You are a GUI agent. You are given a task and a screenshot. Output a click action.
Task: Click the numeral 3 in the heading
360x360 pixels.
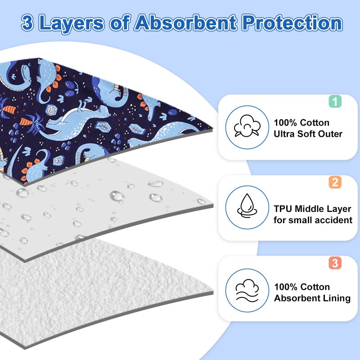[27, 23]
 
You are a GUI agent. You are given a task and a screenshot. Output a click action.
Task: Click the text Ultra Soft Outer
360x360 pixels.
[308, 134]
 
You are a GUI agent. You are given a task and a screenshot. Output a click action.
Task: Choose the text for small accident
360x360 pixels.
[313, 220]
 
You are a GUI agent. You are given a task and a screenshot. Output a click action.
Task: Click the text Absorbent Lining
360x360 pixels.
[312, 298]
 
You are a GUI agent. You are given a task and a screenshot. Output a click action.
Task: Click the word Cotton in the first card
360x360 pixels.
[315, 123]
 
